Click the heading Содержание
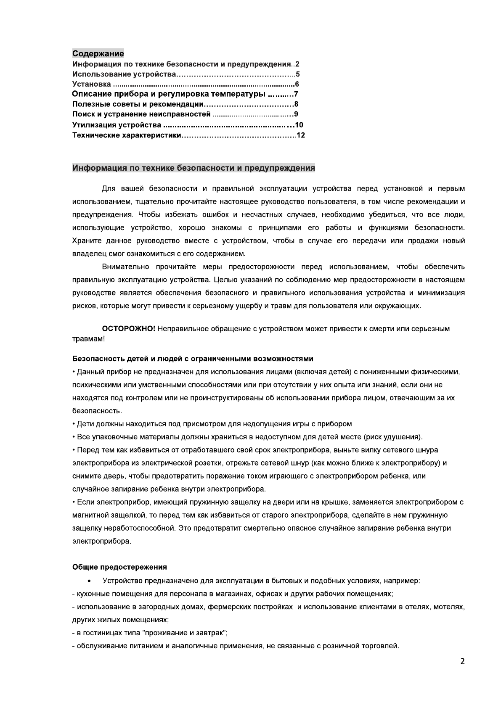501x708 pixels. pyautogui.click(x=98, y=54)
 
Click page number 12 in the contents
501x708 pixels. pyautogui.click(x=301, y=135)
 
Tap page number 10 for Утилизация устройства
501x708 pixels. pyautogui.click(x=299, y=125)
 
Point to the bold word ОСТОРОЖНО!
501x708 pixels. pyautogui.click(x=129, y=329)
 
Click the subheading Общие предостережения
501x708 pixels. pyautogui.click(x=119, y=567)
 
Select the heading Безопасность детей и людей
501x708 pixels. pyautogui.click(x=193, y=359)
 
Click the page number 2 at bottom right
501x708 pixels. pyautogui.click(x=463, y=661)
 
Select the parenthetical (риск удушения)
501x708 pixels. pyautogui.click(x=393, y=437)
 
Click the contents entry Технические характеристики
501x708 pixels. pyautogui.click(x=127, y=135)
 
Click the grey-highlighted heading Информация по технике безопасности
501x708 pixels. pyautogui.click(x=194, y=168)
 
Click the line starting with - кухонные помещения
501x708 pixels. pyautogui.click(x=233, y=594)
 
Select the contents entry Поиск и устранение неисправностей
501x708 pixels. pyautogui.click(x=141, y=114)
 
